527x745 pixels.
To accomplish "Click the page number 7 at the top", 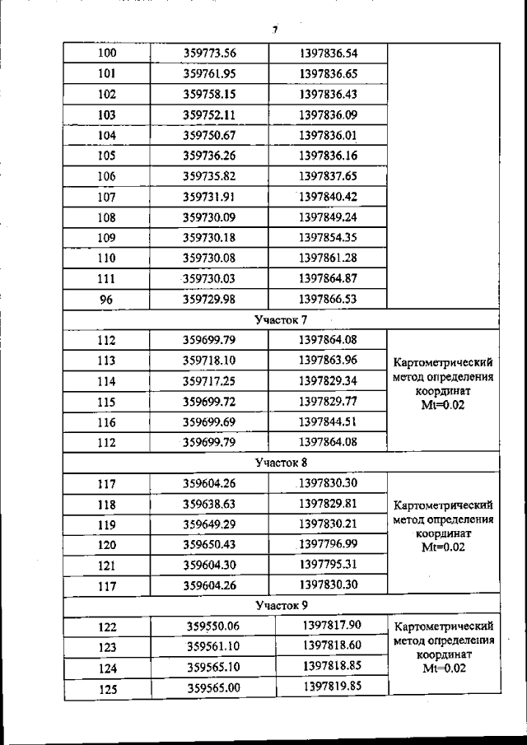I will (275, 30).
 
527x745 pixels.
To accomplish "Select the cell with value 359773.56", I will (209, 54).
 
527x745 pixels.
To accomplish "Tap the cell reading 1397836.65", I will (328, 74).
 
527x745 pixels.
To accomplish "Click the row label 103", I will (106, 114).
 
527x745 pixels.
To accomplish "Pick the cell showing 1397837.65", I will (328, 175).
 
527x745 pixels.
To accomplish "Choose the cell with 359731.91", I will (209, 196).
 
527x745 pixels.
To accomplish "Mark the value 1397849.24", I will (328, 217).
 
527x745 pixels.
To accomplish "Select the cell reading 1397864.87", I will (328, 277).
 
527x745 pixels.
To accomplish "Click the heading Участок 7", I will (280, 319).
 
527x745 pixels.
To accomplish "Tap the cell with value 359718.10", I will (209, 360).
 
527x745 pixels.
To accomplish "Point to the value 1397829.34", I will (328, 380).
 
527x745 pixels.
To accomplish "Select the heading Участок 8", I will (280, 463).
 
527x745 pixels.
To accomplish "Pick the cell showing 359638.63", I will (209, 504).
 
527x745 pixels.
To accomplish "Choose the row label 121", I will (106, 566).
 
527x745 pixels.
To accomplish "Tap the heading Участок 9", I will (280, 606).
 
